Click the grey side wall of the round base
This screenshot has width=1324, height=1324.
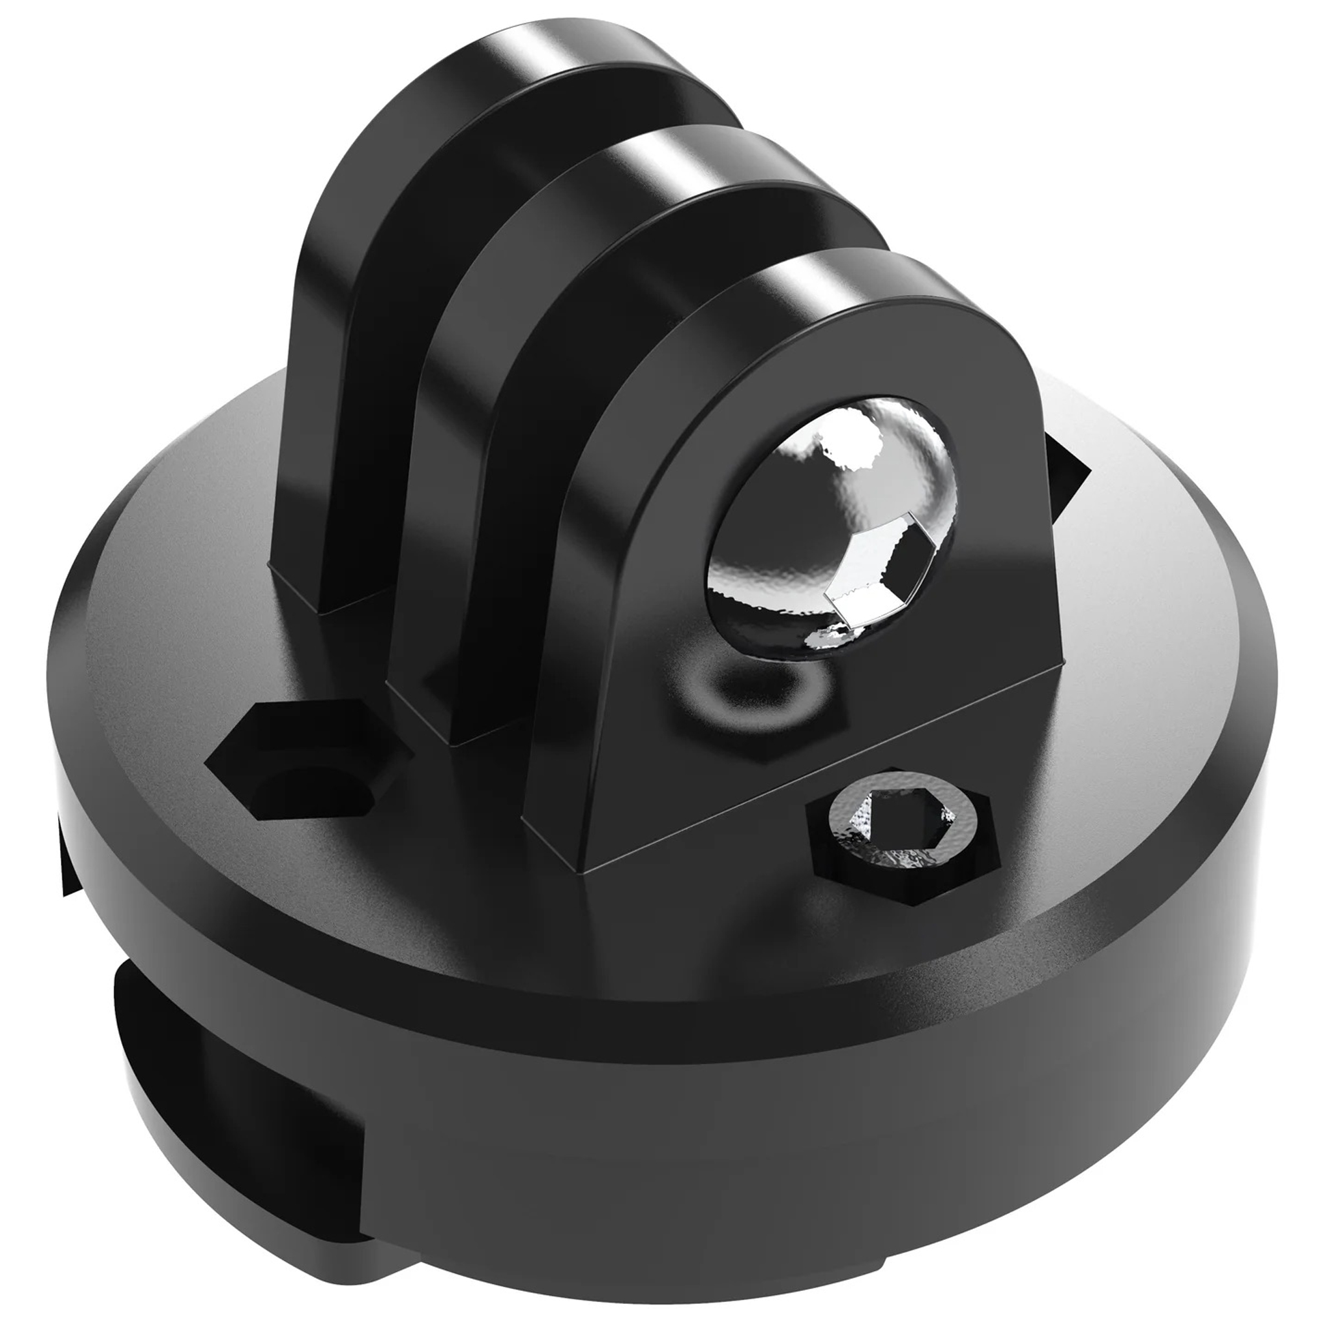click(x=891, y=1096)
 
